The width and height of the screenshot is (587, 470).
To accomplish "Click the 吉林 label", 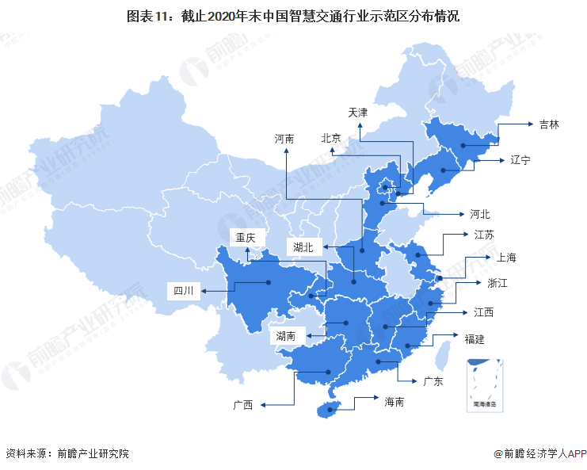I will click(549, 124).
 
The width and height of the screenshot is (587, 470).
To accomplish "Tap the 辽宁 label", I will click(520, 160).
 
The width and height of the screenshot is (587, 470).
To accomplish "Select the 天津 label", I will click(357, 113).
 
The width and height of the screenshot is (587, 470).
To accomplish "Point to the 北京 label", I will click(330, 138).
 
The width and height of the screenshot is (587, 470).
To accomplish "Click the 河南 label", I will click(284, 138).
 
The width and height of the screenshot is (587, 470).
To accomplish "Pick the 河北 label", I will click(480, 214).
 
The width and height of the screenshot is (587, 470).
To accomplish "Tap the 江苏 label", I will click(485, 235).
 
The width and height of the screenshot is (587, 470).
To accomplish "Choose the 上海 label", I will click(506, 258).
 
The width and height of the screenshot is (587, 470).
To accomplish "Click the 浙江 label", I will click(497, 282).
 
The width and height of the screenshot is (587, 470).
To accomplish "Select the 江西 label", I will click(483, 312).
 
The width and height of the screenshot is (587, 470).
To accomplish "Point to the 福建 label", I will click(475, 339).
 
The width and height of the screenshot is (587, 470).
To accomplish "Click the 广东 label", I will click(433, 381).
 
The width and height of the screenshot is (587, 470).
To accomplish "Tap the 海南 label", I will click(395, 402).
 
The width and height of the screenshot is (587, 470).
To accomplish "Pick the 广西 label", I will click(242, 405).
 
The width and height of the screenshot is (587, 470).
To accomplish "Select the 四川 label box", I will click(184, 290).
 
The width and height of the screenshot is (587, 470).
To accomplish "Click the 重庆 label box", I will click(243, 237).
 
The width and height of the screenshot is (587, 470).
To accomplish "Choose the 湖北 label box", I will click(303, 247).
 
